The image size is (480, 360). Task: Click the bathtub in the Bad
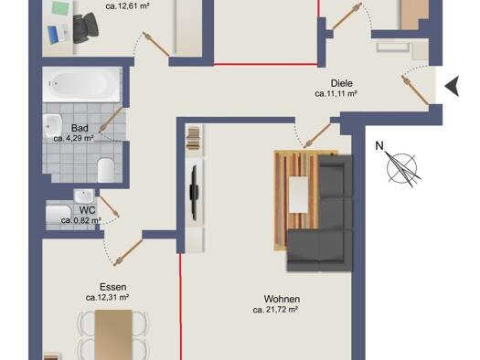click(x=81, y=84)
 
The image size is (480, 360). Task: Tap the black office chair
click(x=85, y=27)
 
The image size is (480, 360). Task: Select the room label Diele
click(x=342, y=83)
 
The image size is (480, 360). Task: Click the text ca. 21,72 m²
click(x=275, y=310)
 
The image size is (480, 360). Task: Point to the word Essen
click(x=113, y=287)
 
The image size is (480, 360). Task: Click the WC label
click(x=87, y=210)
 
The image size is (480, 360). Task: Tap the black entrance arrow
click(x=452, y=86)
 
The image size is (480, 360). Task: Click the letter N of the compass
click(x=379, y=146)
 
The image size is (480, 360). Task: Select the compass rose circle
click(x=402, y=168)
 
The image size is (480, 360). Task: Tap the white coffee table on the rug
click(x=298, y=195)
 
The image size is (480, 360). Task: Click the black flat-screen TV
click(x=194, y=193)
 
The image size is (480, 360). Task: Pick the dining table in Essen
click(x=113, y=335)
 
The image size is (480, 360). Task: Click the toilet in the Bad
click(x=106, y=170)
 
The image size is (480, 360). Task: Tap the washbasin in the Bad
click(x=52, y=126)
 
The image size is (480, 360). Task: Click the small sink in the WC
click(x=84, y=196)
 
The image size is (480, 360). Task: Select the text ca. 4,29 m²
click(x=73, y=138)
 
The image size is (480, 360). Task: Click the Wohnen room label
click(x=282, y=299)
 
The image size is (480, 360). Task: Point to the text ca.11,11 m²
click(x=336, y=93)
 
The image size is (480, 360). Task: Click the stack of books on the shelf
click(x=194, y=139)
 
